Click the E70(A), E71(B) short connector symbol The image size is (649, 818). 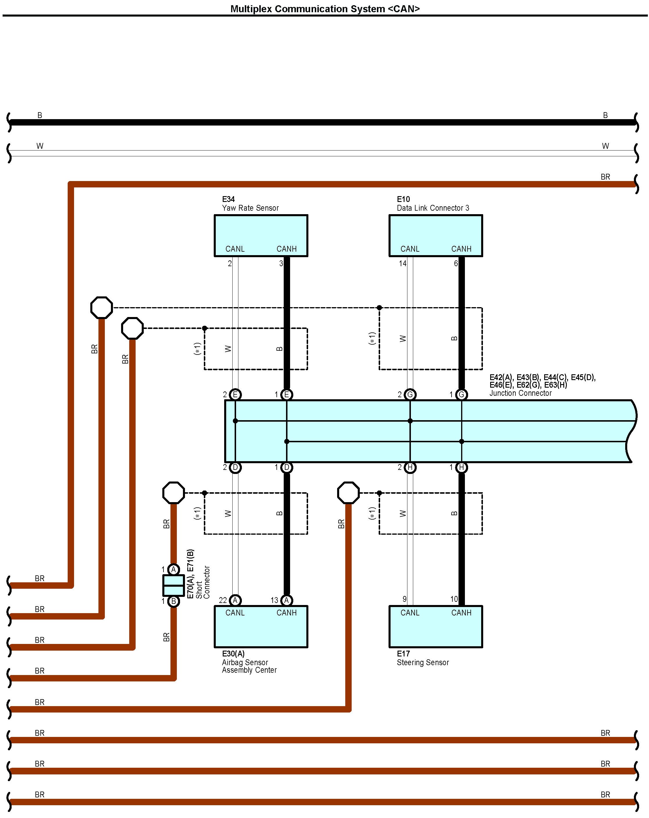pos(174,586)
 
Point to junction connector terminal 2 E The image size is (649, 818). pos(235,395)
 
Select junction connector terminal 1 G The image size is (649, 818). pos(461,395)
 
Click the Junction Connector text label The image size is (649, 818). pos(520,393)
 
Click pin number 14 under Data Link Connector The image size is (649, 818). pos(402,263)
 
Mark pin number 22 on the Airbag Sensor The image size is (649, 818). pos(223,600)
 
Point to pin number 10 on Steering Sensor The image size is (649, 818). pos(454,599)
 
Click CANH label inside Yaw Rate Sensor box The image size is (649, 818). pos(287,249)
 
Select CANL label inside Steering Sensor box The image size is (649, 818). pos(410,613)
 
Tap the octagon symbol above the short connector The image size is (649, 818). pos(174,493)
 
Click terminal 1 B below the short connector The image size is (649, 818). pos(174,601)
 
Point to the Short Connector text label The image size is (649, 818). pos(203,582)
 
